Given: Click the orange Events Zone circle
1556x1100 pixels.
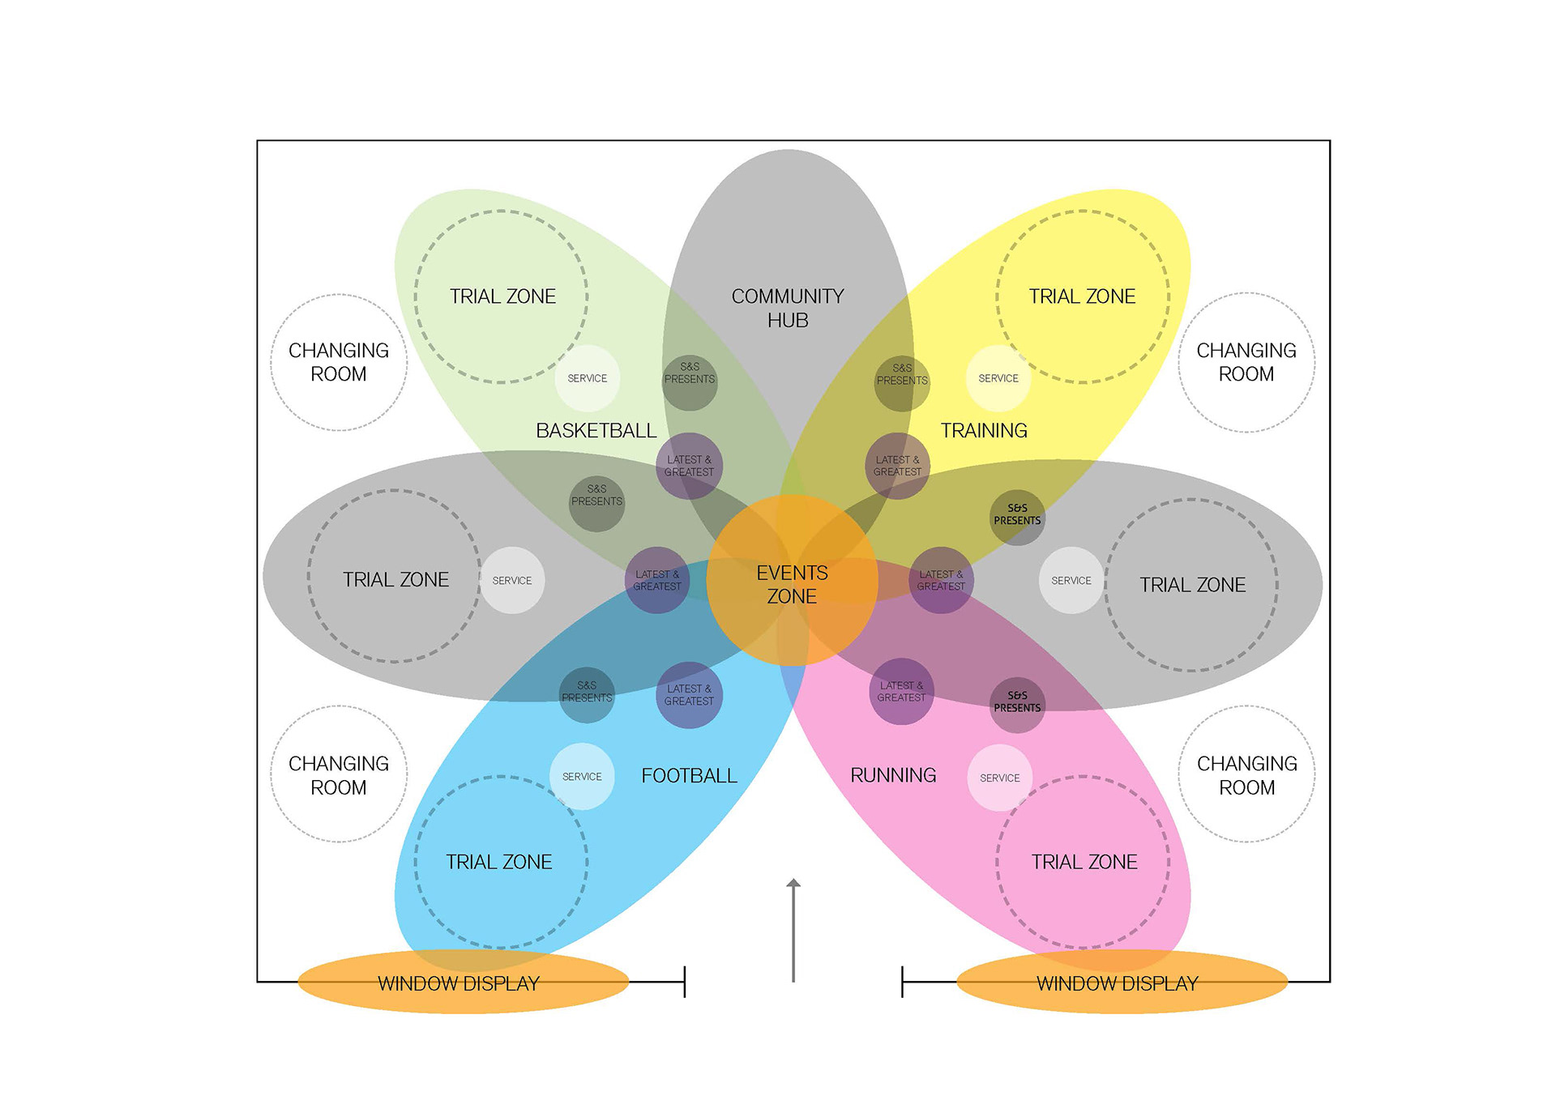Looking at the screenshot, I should [792, 581].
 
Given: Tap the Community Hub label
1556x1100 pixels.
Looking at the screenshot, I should [788, 308].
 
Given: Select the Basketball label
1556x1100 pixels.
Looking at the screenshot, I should [596, 431].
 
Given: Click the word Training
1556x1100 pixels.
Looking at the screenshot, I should [984, 431].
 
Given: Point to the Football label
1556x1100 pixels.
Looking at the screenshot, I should [689, 776].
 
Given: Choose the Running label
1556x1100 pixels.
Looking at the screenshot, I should [893, 775].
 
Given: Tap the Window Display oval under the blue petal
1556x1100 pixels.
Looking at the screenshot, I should [463, 983].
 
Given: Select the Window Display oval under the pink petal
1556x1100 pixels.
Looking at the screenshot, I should [1122, 983].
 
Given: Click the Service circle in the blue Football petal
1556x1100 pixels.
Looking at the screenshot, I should [582, 777].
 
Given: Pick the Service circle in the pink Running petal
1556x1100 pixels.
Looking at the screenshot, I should [1000, 778].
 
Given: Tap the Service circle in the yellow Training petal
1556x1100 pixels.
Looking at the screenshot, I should [998, 378].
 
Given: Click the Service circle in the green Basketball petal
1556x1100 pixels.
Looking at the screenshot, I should [588, 378].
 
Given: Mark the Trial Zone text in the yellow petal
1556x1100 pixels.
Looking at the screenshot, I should [1082, 296].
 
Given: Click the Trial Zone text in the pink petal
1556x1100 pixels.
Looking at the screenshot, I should [1084, 862].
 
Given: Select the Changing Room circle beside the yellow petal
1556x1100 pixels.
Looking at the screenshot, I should [1246, 362].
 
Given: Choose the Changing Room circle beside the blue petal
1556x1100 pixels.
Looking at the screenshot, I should [339, 775].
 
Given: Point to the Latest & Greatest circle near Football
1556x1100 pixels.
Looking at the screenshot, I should [689, 695].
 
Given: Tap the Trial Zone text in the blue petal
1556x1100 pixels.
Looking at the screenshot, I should [499, 862].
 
